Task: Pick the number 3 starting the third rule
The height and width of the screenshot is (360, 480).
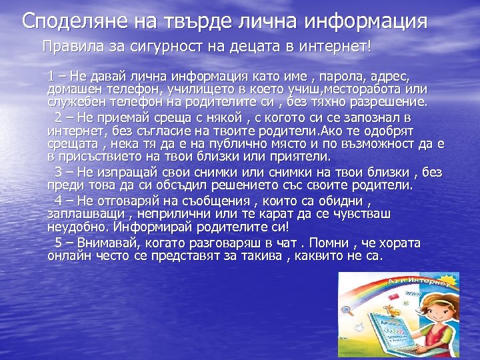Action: [x=57, y=173]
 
